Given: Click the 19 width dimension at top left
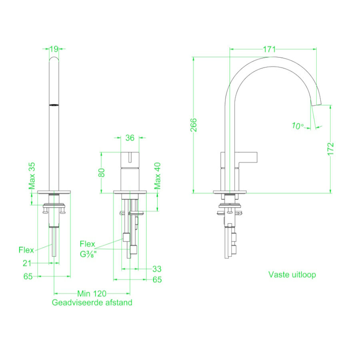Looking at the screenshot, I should point(54,49).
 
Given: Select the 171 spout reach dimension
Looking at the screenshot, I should point(270,49).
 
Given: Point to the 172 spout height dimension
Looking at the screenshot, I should point(330,149).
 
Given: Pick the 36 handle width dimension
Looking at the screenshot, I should point(130,138).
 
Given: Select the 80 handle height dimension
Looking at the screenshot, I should point(102,172).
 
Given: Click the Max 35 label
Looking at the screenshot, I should point(32,176).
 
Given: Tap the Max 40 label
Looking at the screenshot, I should point(158,176).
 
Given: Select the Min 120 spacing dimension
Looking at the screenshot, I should point(92,293).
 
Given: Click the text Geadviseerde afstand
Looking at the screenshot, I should point(92,303).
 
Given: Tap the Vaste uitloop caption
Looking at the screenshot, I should point(292,275).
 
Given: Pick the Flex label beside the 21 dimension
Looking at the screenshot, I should point(26,250).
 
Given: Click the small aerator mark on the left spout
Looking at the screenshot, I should point(54,105).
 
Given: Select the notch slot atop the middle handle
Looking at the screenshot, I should point(130,156).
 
